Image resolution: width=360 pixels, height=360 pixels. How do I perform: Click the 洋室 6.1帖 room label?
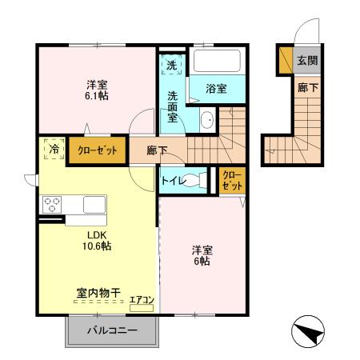pyautogui.click(x=97, y=90)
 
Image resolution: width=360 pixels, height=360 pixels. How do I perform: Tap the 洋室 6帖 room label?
pyautogui.click(x=201, y=254)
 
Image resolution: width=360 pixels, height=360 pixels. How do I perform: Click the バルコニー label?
pyautogui.click(x=112, y=330)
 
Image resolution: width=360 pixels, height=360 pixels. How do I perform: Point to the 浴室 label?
pyautogui.click(x=215, y=90)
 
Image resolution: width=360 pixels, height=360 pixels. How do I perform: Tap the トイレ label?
pyautogui.click(x=174, y=181)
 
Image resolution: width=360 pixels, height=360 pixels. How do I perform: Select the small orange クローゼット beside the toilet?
pyautogui.click(x=230, y=180)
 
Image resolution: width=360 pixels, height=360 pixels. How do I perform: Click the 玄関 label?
pyautogui.click(x=307, y=61)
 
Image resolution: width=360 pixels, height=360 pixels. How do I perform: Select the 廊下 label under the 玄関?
pyautogui.click(x=307, y=88)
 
